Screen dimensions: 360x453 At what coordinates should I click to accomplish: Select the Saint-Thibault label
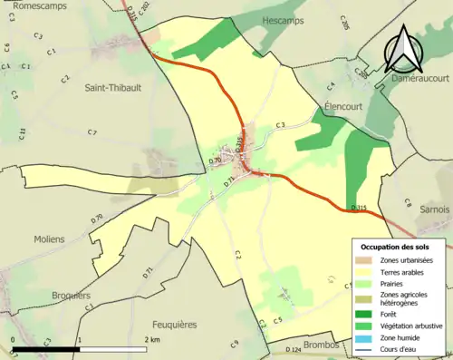[112, 88]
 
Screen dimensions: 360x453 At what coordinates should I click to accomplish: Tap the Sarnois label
[435, 209]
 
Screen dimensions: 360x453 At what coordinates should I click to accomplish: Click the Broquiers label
[71, 296]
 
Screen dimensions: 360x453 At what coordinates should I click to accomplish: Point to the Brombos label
[325, 345]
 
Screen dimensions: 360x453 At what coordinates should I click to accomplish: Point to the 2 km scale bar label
[152, 339]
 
